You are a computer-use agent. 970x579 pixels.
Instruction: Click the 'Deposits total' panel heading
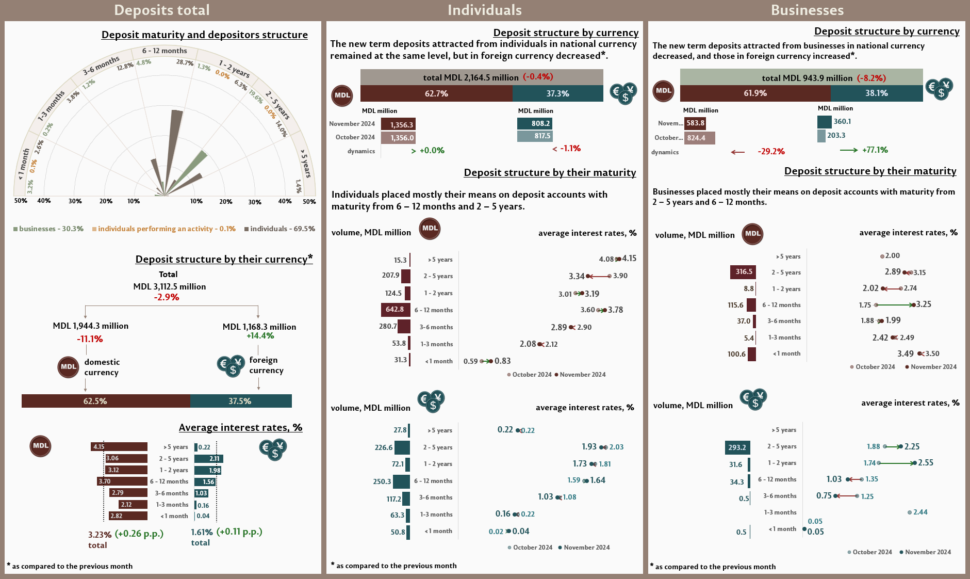click(161, 10)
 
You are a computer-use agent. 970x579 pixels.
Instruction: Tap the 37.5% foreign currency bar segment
click(241, 401)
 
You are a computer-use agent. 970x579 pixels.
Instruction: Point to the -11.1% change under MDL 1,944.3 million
click(90, 339)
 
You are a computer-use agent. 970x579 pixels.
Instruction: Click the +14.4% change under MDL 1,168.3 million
click(260, 336)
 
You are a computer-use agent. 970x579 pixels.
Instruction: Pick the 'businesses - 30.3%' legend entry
click(48, 229)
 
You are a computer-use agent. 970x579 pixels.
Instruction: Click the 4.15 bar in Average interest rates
click(119, 447)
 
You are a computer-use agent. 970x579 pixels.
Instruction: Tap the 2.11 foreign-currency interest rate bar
click(209, 459)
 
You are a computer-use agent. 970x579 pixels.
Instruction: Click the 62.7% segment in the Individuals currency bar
click(436, 93)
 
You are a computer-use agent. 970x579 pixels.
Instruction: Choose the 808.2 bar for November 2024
click(535, 123)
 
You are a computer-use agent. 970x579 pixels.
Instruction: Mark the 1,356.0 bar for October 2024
click(398, 138)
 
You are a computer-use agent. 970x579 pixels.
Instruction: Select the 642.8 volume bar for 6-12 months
click(396, 310)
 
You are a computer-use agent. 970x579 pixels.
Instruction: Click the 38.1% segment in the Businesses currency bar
click(877, 93)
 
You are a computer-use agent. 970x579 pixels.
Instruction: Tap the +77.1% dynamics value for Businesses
click(875, 150)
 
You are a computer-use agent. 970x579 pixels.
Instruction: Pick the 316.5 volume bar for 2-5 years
click(743, 272)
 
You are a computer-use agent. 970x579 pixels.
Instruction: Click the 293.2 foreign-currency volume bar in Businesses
click(737, 447)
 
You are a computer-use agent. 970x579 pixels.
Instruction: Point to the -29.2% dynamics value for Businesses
click(771, 152)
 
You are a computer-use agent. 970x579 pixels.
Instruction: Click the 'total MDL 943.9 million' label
click(807, 78)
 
